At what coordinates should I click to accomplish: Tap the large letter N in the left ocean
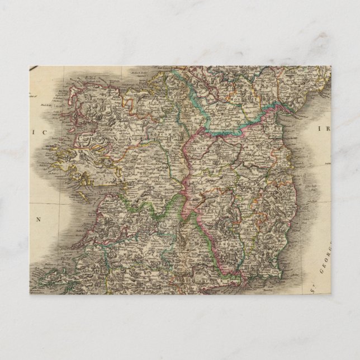39,219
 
